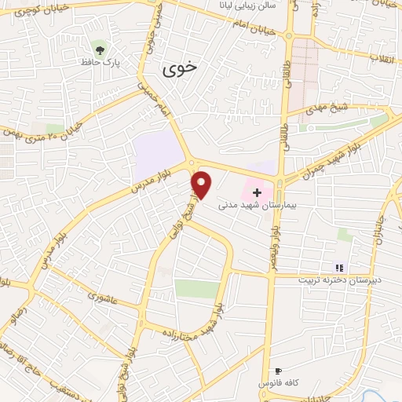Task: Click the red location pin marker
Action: [x=202, y=184]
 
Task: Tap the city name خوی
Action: [x=181, y=69]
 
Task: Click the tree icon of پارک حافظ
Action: [x=97, y=47]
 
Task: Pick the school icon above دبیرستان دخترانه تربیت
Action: [x=339, y=268]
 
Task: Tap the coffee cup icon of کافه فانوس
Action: [x=278, y=371]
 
